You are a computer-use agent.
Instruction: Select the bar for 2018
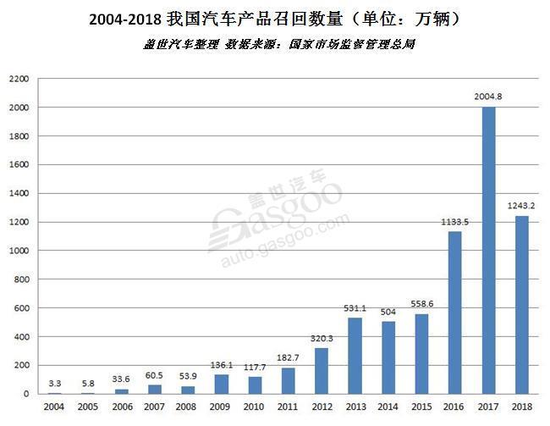[x=522, y=305]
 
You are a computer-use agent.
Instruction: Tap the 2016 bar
[x=455, y=313]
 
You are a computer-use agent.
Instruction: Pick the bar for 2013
[x=355, y=356]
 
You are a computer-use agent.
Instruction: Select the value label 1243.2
[x=522, y=206]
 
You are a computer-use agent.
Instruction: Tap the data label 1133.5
[x=455, y=222]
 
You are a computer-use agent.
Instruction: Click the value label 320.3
[x=322, y=338]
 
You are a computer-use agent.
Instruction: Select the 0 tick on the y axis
[x=26, y=394]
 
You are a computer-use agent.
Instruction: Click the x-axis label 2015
[x=422, y=408]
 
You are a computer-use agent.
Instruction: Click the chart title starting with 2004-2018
[x=274, y=19]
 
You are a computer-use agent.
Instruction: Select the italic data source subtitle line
[x=278, y=43]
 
